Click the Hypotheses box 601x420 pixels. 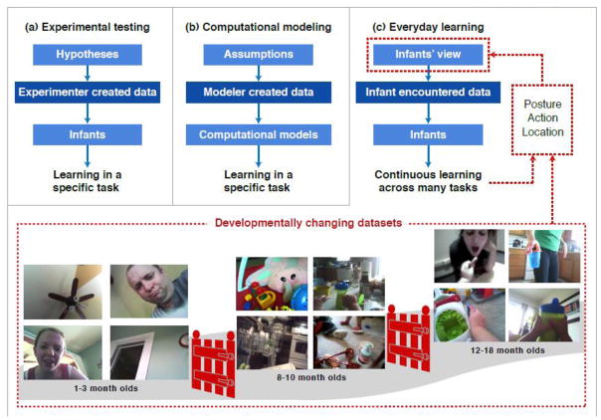[x=88, y=55]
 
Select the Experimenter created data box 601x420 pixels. [x=88, y=92]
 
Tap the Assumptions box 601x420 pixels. [x=259, y=55]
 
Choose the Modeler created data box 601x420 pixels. [x=259, y=92]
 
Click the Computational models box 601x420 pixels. [x=259, y=135]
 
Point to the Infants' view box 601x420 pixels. [x=428, y=55]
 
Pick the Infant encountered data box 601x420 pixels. [x=428, y=92]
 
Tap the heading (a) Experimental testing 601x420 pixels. [x=88, y=27]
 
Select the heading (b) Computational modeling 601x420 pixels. [x=259, y=27]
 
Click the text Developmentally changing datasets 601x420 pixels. [x=308, y=223]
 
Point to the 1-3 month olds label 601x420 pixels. [x=106, y=388]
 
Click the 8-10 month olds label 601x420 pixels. [x=311, y=377]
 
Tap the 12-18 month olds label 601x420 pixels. [x=507, y=350]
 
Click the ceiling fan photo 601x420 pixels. [x=63, y=292]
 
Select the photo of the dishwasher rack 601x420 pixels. [x=272, y=342]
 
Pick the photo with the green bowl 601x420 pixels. [x=470, y=315]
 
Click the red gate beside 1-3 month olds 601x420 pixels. [x=214, y=363]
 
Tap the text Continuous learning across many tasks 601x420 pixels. [x=428, y=181]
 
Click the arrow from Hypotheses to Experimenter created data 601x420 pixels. [x=88, y=74]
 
